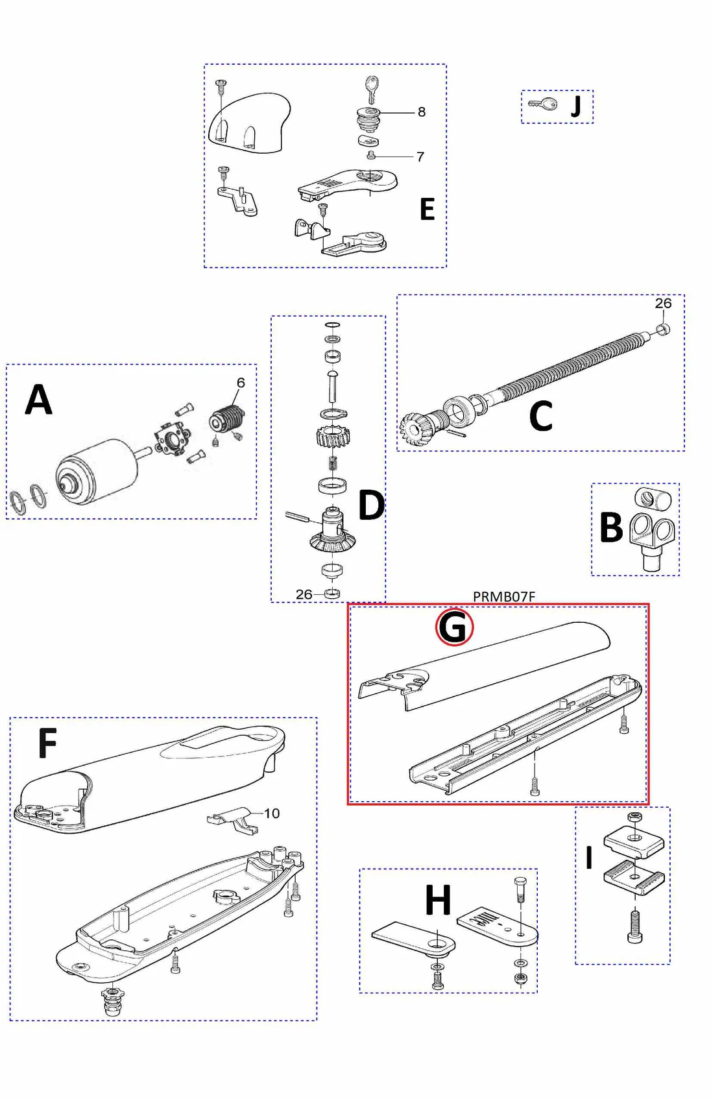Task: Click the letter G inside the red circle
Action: pyautogui.click(x=453, y=627)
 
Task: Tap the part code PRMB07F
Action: pyautogui.click(x=503, y=596)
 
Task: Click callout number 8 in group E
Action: pyautogui.click(x=422, y=112)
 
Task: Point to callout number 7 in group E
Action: pyautogui.click(x=420, y=157)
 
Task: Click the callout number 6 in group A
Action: pyautogui.click(x=241, y=383)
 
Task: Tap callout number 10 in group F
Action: pyautogui.click(x=272, y=814)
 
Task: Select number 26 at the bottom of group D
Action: pyautogui.click(x=304, y=594)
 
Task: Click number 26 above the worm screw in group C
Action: pyautogui.click(x=663, y=304)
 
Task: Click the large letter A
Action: pyautogui.click(x=38, y=400)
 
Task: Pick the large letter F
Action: pyautogui.click(x=47, y=743)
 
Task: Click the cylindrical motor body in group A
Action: pyautogui.click(x=97, y=470)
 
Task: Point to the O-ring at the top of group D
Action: pyautogui.click(x=332, y=324)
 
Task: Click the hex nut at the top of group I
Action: pyautogui.click(x=635, y=816)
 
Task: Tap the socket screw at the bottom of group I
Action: pyautogui.click(x=634, y=926)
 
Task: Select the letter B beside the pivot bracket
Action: pyautogui.click(x=611, y=527)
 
